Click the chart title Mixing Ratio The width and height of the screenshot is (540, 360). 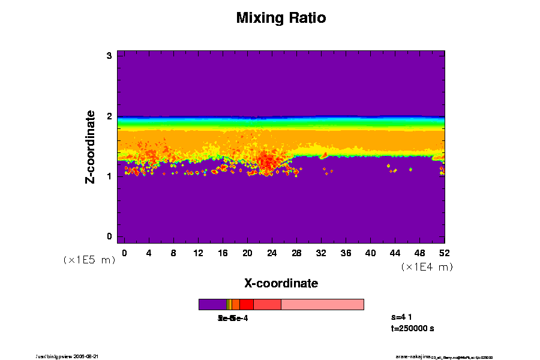pos(281,18)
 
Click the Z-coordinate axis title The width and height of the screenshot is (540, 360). pos(91,146)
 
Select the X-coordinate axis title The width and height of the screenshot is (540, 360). pos(281,283)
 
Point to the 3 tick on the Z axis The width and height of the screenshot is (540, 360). pos(110,56)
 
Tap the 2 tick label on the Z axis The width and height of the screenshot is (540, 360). pos(110,116)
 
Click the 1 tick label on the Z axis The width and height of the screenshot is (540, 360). pos(110,176)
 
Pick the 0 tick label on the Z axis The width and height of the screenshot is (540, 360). pos(110,236)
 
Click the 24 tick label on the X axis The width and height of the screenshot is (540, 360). pos(272,253)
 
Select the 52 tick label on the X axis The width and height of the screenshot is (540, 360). pos(444,253)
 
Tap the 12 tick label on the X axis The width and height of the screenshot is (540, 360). pos(198,253)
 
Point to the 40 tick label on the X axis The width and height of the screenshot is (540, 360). pos(370,253)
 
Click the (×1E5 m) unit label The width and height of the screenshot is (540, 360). pos(89,260)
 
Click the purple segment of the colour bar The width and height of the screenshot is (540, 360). pos(212,304)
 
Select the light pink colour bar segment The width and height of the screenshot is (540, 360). pos(322,304)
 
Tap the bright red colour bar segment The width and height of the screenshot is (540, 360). pos(246,304)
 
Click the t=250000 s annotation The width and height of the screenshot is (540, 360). pos(412,328)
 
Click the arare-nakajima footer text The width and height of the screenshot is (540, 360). pos(413,356)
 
